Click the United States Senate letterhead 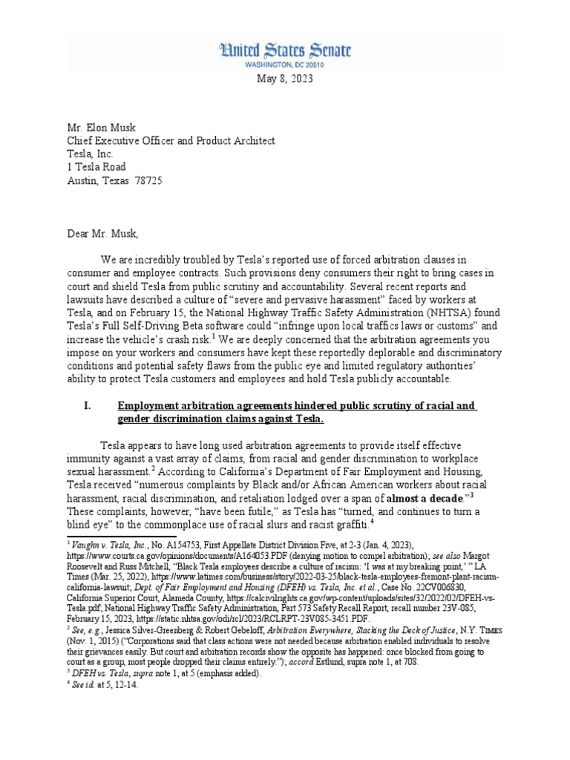click(284, 51)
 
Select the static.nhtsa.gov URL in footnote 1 click(233, 617)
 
